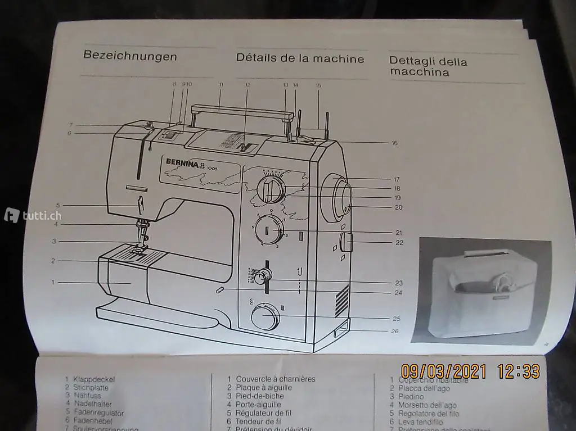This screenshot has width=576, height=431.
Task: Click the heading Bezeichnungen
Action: (130, 56)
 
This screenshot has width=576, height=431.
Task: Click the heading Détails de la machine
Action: (300, 58)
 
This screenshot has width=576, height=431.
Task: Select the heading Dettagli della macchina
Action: (428, 67)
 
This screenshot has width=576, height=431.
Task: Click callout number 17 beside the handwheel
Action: (397, 179)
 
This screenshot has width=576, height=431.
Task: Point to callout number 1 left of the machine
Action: (53, 282)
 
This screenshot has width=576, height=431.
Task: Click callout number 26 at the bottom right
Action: (395, 331)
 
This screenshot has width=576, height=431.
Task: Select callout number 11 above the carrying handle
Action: (220, 84)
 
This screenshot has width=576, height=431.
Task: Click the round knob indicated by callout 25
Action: (265, 318)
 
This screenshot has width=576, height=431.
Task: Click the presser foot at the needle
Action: (139, 247)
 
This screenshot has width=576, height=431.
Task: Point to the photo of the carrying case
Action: (483, 291)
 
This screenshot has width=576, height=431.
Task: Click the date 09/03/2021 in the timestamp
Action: (444, 371)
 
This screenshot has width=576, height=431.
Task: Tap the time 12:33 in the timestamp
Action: (518, 371)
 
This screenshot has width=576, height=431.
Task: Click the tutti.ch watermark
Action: (33, 215)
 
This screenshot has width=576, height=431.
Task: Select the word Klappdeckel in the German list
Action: (93, 379)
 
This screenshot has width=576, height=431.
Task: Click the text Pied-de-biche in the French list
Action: (260, 396)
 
